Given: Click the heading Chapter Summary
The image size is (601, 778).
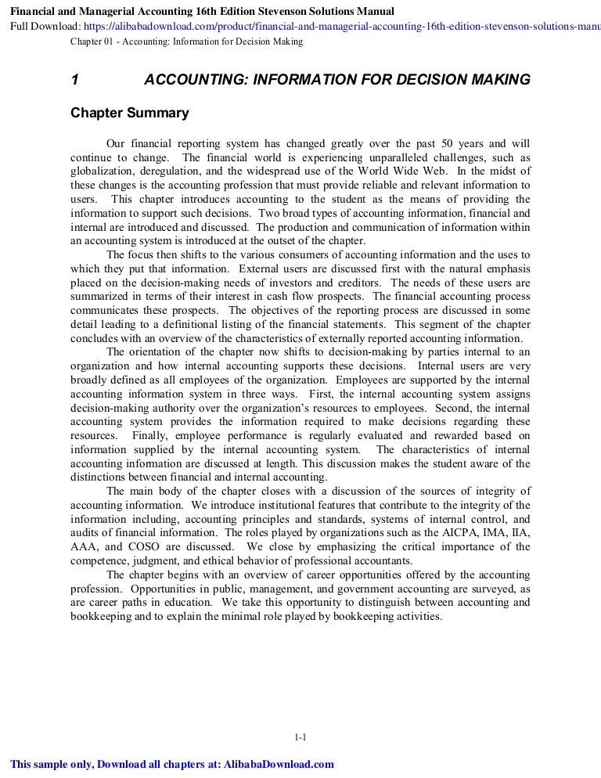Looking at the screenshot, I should pos(130,113).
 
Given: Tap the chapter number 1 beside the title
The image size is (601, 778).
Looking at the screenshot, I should pos(74,80).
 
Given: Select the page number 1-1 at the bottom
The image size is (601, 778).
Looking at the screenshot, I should pos(300,737).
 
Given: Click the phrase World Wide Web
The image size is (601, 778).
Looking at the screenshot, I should pos(401,171).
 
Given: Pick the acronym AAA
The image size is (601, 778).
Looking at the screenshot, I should pos(85,546).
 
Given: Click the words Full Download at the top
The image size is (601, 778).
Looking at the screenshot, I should pos(40,25).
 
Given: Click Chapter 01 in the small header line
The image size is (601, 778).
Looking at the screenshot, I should pos(92,41).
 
